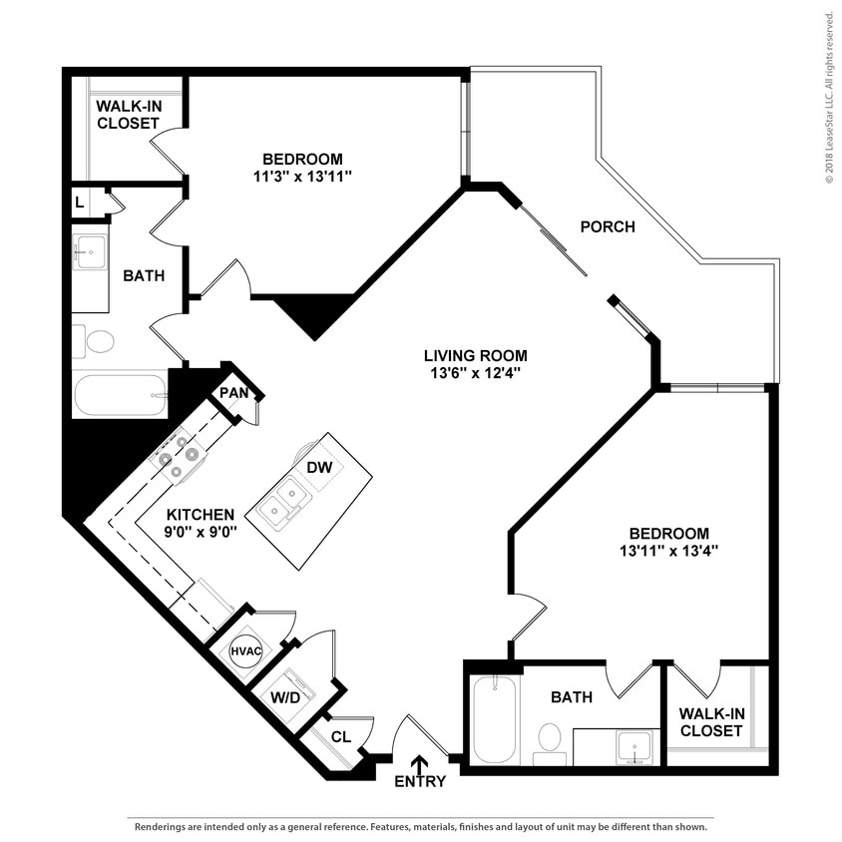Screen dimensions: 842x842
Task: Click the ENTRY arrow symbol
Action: [420, 763]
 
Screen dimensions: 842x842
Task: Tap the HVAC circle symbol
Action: [245, 650]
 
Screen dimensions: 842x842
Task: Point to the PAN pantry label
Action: [233, 393]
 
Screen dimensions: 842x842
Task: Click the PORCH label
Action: [608, 226]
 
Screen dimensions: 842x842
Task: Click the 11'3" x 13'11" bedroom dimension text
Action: [302, 176]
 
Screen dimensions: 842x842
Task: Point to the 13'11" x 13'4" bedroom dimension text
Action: [668, 551]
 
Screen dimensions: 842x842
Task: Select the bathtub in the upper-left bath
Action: [120, 395]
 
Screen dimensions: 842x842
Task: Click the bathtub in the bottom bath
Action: [493, 719]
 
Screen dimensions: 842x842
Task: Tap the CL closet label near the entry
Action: [341, 737]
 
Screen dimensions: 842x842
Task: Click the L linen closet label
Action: [79, 203]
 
